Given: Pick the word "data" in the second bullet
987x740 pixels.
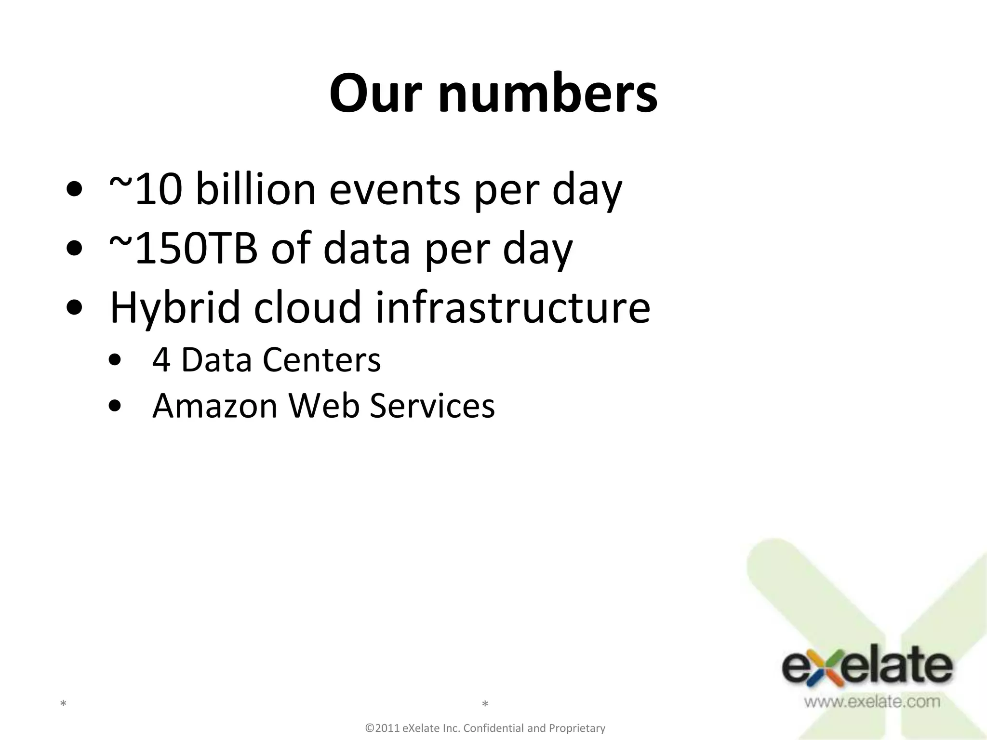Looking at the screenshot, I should pyautogui.click(x=366, y=249).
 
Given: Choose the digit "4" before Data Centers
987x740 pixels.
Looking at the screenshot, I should pyautogui.click(x=161, y=360).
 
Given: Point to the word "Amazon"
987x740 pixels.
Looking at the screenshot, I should pyautogui.click(x=215, y=406).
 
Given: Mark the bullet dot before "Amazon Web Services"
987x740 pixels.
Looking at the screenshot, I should pyautogui.click(x=115, y=406).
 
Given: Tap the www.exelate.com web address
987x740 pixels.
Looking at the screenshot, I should pyautogui.click(x=871, y=701).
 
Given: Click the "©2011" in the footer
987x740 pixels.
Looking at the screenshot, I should pyautogui.click(x=383, y=728).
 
